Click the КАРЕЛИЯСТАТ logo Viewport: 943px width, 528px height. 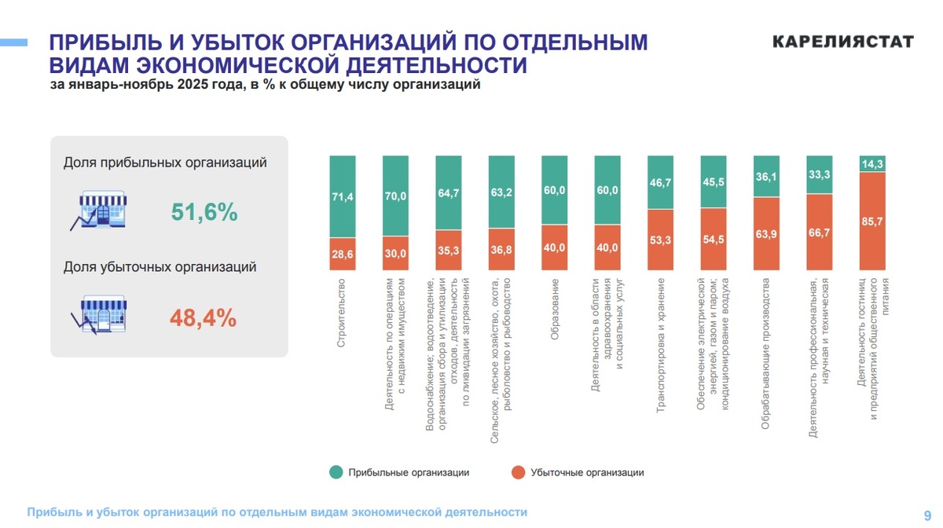click(x=842, y=42)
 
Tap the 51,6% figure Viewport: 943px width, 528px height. click(x=204, y=212)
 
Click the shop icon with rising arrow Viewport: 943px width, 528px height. click(x=100, y=209)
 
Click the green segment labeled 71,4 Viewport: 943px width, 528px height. click(x=343, y=196)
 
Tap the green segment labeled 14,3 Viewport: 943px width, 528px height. click(x=872, y=163)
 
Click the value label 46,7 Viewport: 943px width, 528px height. click(x=661, y=182)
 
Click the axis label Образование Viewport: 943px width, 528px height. click(x=555, y=310)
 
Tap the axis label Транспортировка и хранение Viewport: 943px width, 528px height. click(x=661, y=345)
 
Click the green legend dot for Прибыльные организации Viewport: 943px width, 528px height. click(x=336, y=472)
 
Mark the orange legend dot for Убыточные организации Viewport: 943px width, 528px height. click(x=517, y=472)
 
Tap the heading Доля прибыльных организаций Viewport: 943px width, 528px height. click(x=165, y=163)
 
